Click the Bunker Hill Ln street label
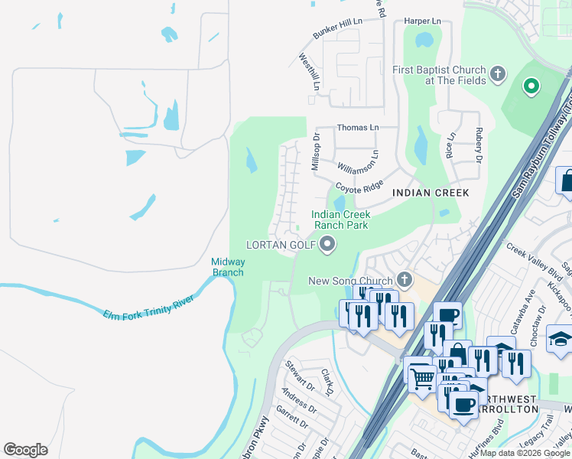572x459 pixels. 337,29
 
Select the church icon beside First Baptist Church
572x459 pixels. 498,74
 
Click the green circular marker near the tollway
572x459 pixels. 531,86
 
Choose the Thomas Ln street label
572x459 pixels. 357,128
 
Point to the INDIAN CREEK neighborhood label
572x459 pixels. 430,193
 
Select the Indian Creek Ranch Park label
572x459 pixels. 340,220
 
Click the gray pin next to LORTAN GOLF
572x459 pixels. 328,245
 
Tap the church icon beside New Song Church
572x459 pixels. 404,281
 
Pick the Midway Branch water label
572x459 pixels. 227,267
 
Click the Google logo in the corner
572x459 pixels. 25,450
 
